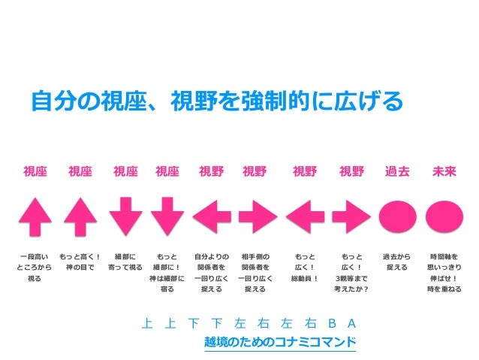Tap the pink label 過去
(x=397, y=171)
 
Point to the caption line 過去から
(x=396, y=256)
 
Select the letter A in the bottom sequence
(x=351, y=324)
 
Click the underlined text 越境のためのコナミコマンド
(x=279, y=342)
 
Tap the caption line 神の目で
(x=80, y=268)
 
